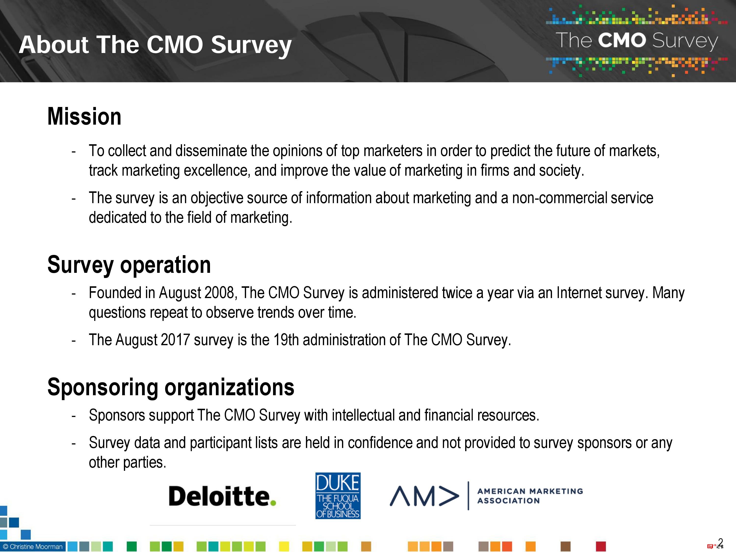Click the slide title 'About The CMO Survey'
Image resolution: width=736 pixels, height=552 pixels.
[x=155, y=45]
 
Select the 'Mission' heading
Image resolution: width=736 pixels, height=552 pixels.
[x=84, y=117]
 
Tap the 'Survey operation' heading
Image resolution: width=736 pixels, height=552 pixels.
[x=129, y=265]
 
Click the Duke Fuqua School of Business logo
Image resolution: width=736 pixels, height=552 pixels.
[x=338, y=496]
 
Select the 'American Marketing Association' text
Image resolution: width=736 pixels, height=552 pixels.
[x=530, y=496]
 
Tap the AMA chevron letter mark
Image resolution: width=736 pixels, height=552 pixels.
[x=424, y=496]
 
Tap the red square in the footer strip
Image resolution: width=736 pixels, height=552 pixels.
[x=601, y=546]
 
